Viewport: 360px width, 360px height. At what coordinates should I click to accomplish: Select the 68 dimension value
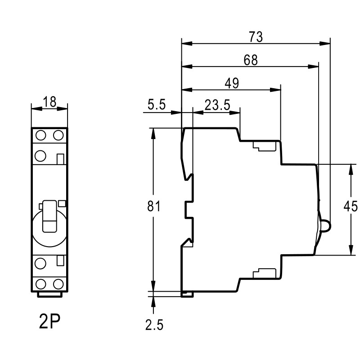point(250,60)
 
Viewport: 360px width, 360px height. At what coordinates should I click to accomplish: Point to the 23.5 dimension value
point(217,105)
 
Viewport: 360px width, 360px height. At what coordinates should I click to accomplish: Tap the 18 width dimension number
point(49,102)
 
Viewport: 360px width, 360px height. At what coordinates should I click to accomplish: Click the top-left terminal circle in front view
point(41,135)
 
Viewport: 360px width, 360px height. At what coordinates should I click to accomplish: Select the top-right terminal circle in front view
point(58,135)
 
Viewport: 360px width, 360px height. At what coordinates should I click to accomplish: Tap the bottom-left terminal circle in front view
point(41,284)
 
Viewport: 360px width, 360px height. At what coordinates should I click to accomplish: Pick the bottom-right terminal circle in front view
point(58,284)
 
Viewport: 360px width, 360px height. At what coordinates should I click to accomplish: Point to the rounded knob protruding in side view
point(326,226)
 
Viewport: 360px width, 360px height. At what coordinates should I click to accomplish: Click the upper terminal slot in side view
point(264,146)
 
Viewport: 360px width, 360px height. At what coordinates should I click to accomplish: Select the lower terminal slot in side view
point(264,273)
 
